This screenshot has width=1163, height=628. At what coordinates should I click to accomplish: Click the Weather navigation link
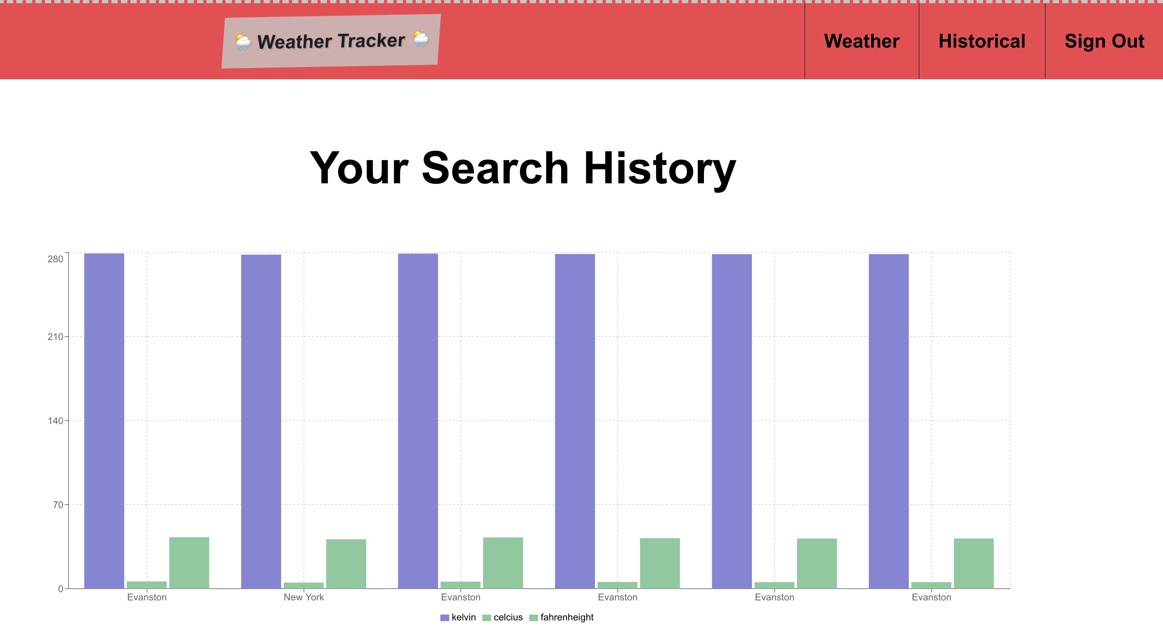pos(861,41)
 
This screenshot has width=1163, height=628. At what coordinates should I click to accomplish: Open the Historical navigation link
pos(982,41)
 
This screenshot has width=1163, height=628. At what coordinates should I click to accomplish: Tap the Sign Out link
pos(1104,41)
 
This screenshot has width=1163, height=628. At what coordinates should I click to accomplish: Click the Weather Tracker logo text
pos(331,41)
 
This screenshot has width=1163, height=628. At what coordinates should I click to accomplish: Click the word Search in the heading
pos(495,168)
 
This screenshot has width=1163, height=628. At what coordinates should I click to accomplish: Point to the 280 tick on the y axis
pos(55,259)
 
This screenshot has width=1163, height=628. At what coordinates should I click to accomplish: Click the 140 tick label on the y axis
pos(55,421)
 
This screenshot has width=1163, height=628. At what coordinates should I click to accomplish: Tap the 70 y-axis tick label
pos(58,505)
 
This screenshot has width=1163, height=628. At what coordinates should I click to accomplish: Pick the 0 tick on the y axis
pos(61,589)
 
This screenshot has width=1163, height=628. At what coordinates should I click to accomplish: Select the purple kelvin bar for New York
pos(261,422)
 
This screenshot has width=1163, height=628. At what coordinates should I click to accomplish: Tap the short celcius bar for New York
pos(303,585)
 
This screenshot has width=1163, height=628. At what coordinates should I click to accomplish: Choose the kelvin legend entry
pos(458,617)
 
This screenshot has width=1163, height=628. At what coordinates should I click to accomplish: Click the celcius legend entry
pos(503,617)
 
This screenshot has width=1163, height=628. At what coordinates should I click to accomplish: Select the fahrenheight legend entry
pos(561,618)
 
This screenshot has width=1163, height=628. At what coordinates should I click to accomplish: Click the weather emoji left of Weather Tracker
pos(243,42)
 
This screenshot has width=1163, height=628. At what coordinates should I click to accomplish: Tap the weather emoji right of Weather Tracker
pos(421,39)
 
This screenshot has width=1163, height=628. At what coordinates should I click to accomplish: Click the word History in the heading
pos(660,169)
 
